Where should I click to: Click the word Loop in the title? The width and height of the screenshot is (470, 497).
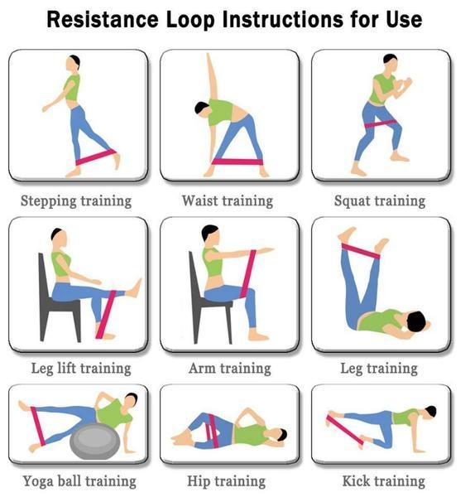pyautogui.click(x=190, y=20)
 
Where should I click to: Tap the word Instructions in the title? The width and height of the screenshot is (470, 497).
pyautogui.click(x=283, y=19)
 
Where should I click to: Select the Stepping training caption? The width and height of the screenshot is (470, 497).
pyautogui.click(x=76, y=201)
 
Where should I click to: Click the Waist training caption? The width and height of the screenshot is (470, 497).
pyautogui.click(x=228, y=201)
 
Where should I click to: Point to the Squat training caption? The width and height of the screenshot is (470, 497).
pyautogui.click(x=380, y=201)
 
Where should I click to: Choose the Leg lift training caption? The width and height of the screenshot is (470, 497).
pyautogui.click(x=81, y=369)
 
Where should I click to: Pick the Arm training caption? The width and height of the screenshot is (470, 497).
pyautogui.click(x=230, y=369)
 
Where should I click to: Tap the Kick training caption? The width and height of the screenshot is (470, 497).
pyautogui.click(x=384, y=480)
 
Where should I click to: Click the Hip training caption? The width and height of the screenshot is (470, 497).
pyautogui.click(x=227, y=481)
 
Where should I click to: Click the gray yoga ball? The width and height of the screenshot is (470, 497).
pyautogui.click(x=95, y=442)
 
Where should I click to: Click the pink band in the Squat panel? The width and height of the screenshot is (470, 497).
pyautogui.click(x=380, y=124)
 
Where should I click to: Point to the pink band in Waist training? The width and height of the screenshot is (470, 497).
pyautogui.click(x=237, y=162)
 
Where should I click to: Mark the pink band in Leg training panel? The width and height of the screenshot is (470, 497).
pyautogui.click(x=361, y=251)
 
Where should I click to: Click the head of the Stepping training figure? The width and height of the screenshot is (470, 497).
pyautogui.click(x=74, y=62)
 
